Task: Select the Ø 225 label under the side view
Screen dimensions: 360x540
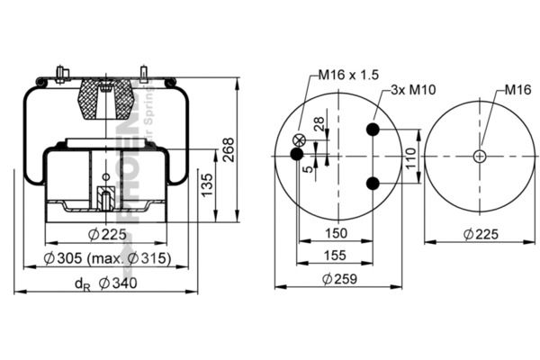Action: coord(105,236)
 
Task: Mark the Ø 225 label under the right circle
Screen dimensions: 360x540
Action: coord(482,235)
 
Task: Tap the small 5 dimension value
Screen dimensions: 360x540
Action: coord(309,168)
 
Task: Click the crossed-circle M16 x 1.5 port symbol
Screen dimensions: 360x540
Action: coord(299,139)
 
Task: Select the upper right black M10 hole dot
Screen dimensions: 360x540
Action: coord(373,130)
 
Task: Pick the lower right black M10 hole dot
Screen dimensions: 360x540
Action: coord(373,184)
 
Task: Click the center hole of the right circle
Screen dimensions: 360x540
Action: coord(479,156)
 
